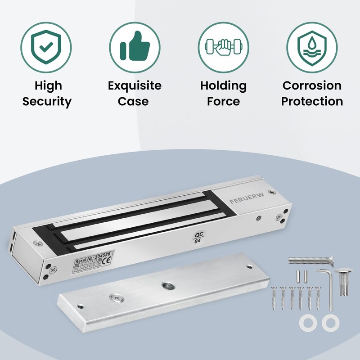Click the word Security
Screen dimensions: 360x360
click(47, 101)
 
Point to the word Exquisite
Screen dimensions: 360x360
click(134, 85)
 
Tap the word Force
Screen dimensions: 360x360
click(223, 101)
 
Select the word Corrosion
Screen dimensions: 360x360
click(312, 85)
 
